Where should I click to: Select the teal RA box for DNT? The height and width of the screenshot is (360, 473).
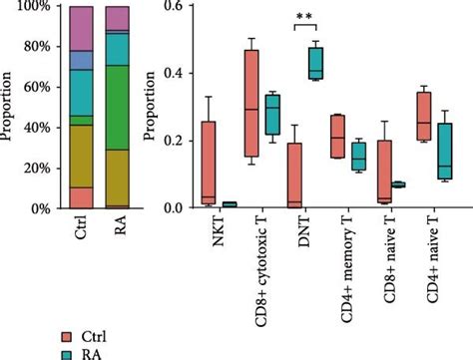pyautogui.click(x=317, y=62)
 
